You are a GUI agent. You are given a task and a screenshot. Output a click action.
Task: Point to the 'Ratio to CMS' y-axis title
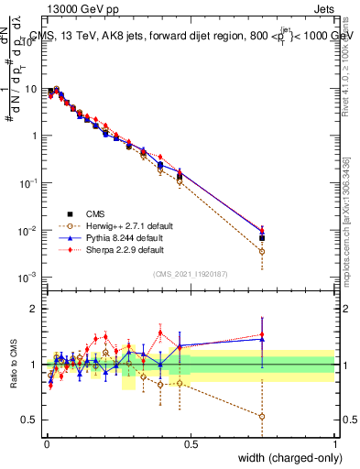click(x=13, y=365)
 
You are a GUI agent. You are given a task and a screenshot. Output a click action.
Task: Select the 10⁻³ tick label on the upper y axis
click(x=30, y=277)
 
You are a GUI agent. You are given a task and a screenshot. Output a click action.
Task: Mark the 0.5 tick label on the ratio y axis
click(x=32, y=420)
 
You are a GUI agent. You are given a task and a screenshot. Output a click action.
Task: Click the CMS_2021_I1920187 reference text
click(x=190, y=273)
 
